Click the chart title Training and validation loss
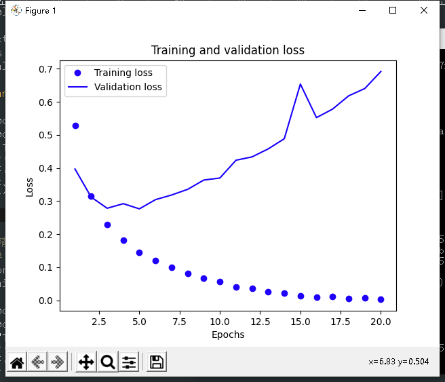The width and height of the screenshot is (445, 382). [227, 50]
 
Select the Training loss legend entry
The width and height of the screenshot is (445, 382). [123, 73]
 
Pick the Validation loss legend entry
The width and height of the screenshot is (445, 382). [128, 87]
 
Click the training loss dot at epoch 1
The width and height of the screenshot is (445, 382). [75, 126]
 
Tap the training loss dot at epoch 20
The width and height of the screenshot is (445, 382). [381, 299]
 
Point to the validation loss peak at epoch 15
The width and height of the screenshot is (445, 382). [301, 84]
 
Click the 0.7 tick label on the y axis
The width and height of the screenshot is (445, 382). [47, 69]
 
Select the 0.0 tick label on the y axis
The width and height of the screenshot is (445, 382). [47, 301]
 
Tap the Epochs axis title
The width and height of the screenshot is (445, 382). [228, 334]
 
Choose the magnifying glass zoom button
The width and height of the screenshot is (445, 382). [108, 362]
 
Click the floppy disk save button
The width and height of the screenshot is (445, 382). [157, 362]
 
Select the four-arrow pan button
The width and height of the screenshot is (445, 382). [86, 362]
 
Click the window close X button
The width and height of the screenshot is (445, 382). [424, 10]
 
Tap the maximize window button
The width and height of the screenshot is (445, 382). [393, 10]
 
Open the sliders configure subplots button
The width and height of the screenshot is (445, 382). [129, 362]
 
